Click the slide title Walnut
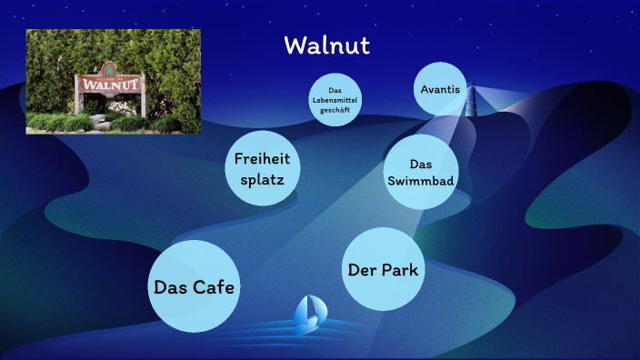[326, 45]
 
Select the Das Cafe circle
[194, 286]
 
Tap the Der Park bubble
[385, 269]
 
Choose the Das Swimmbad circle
[420, 173]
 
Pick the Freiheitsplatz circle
[262, 168]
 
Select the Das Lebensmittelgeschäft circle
[335, 100]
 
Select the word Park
[404, 270]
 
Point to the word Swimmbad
[420, 181]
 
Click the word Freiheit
[262, 159]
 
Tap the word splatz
[262, 179]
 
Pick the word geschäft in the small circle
[335, 111]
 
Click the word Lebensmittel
[335, 101]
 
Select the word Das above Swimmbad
[420, 165]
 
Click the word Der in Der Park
[362, 270]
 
